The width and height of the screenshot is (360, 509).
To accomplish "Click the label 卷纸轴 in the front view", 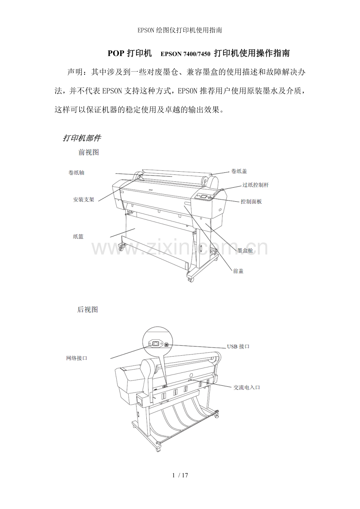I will (x=76, y=172).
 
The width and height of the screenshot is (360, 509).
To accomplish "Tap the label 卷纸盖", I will (x=239, y=171).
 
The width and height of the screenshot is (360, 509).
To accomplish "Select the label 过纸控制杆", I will (x=256, y=185).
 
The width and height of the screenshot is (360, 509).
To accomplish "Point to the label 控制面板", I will (x=251, y=201).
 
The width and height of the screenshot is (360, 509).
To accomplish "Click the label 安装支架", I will (x=84, y=199).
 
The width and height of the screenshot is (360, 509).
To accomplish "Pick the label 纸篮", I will (x=78, y=237).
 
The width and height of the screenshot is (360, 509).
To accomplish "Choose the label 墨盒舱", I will (x=245, y=250).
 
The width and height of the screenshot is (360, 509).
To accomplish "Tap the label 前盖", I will (x=238, y=271).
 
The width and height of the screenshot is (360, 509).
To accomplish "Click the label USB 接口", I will (x=238, y=346).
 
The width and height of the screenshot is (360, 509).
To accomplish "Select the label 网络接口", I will (x=76, y=358).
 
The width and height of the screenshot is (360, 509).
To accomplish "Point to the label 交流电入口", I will (x=247, y=387).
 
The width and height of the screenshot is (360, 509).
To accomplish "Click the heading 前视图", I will (x=89, y=152).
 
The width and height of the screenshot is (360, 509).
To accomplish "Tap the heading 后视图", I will (x=88, y=310).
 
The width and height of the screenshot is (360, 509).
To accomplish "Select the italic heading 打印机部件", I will (x=82, y=138).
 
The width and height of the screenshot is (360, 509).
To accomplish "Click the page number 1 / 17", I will (x=180, y=475).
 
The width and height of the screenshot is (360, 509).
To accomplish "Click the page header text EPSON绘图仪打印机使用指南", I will (x=180, y=30).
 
